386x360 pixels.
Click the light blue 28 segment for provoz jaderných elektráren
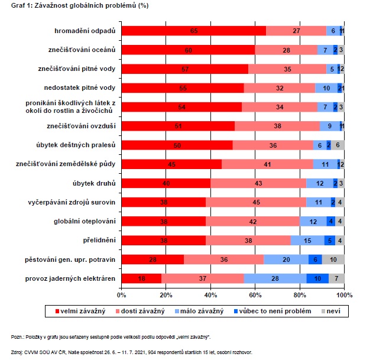[275, 278]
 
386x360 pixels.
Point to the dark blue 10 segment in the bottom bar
[317, 278]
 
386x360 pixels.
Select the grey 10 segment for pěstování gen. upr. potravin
[333, 259]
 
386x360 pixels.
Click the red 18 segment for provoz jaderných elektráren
[141, 278]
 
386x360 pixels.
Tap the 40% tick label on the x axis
[210, 294]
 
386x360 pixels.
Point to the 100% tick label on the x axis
[344, 294]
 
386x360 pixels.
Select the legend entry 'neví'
[332, 310]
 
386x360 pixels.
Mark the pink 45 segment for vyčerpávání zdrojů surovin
[256, 202]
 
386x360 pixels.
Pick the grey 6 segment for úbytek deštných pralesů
[338, 145]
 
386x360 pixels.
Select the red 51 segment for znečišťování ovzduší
[178, 126]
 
